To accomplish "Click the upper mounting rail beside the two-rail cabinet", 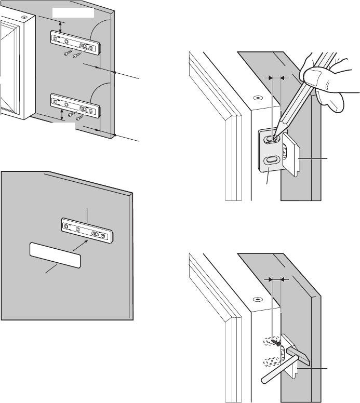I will (74, 42).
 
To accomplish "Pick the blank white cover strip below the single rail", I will (55, 257).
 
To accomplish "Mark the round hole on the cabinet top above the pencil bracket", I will (256, 97).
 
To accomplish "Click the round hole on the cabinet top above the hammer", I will (256, 299).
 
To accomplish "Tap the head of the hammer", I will (297, 354).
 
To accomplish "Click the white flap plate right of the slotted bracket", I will (294, 155).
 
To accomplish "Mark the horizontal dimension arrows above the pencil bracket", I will (275, 77).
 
